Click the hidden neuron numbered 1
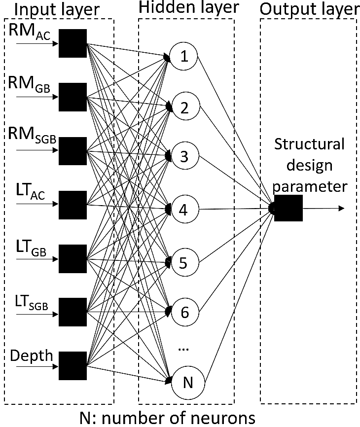pyautogui.click(x=184, y=57)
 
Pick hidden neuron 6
pyautogui.click(x=184, y=312)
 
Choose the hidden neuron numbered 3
pyautogui.click(x=184, y=157)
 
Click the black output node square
pyautogui.click(x=288, y=208)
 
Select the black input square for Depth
pyautogui.click(x=72, y=365)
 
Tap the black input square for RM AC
pyautogui.click(x=72, y=43)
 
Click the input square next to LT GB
pyautogui.click(x=72, y=258)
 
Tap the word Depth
pyautogui.click(x=31, y=355)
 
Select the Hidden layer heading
pyautogui.click(x=188, y=8)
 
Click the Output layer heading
pyautogui.click(x=309, y=9)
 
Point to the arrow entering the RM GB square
pyautogui.click(x=37, y=97)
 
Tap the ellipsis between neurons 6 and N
pyautogui.click(x=183, y=348)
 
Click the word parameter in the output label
pyautogui.click(x=310, y=187)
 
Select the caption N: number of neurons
pyautogui.click(x=168, y=418)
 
